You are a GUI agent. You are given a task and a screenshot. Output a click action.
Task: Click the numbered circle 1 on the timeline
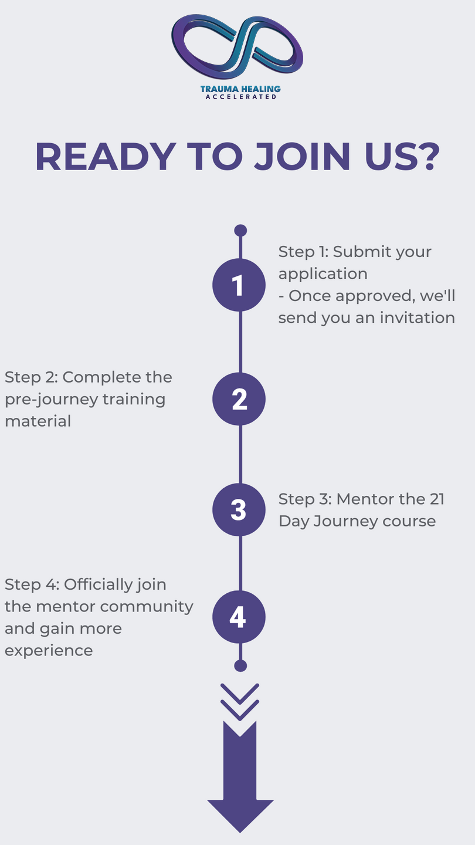[239, 285]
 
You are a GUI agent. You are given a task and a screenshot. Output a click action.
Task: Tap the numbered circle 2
[239, 399]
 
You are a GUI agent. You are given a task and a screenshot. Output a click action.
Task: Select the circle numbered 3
[239, 509]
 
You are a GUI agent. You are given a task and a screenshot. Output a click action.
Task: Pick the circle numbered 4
[239, 617]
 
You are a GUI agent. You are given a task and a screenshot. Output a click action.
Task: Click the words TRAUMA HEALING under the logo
[240, 89]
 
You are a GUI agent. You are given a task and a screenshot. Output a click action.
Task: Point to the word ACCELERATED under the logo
[240, 97]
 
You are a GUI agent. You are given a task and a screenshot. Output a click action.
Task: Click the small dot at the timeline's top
[240, 231]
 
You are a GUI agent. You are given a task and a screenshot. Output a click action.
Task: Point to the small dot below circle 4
[240, 665]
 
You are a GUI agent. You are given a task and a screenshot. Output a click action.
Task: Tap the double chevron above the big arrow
[240, 701]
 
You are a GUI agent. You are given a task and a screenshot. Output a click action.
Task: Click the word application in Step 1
[323, 274]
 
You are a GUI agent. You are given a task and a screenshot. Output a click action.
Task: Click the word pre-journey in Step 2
[51, 399]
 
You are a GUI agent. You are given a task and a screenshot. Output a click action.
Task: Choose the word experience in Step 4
[49, 650]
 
